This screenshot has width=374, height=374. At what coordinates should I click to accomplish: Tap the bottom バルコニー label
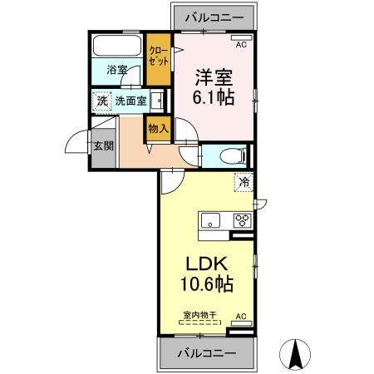click(205, 353)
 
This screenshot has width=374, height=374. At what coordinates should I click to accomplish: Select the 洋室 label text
click(213, 77)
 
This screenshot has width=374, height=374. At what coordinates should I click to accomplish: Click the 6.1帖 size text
click(213, 98)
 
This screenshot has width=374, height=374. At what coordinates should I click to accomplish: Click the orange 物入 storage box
click(157, 128)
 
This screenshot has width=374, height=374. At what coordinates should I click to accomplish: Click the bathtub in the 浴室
click(116, 46)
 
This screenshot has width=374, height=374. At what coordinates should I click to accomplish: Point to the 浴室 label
click(117, 71)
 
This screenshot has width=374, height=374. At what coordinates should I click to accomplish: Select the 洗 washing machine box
click(101, 100)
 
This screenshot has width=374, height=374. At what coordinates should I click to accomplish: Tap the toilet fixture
click(229, 155)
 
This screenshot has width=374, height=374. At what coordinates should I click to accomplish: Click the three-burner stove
click(242, 220)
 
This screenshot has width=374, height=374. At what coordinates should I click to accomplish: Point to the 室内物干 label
click(199, 316)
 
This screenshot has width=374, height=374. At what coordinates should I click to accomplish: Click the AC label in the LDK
click(241, 317)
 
